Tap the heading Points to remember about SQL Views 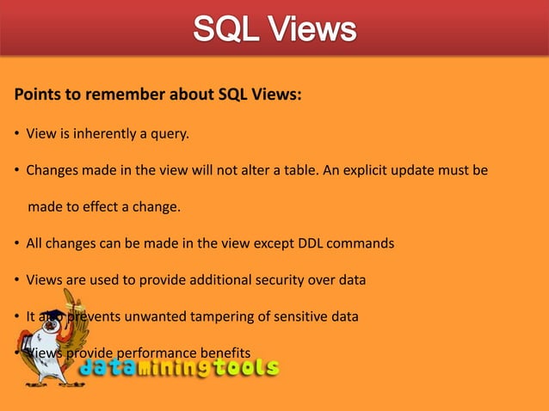pos(157,95)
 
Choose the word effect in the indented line pos(109,207)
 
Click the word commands pos(361,243)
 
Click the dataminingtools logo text pos(179,369)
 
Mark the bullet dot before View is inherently pos(16,134)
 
